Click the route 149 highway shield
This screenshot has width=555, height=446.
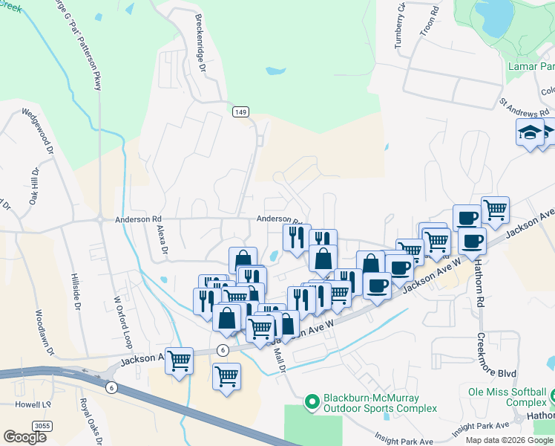(240, 111)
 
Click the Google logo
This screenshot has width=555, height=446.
(24, 437)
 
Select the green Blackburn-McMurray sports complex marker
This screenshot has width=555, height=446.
(312, 402)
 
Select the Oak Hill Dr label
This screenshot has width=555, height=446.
(33, 187)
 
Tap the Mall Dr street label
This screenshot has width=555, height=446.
(281, 361)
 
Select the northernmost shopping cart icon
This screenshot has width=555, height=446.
(495, 209)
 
